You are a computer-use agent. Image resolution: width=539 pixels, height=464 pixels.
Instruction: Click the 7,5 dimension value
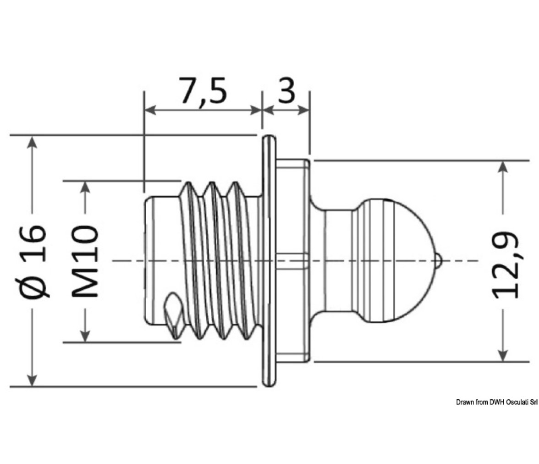click(x=203, y=91)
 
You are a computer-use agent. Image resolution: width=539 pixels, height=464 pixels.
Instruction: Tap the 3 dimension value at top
click(x=286, y=90)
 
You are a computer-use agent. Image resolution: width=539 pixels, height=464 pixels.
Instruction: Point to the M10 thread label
click(x=85, y=261)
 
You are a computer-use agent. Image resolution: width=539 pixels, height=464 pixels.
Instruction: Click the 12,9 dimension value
click(x=504, y=265)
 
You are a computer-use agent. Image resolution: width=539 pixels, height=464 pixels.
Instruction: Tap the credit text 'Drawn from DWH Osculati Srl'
click(x=497, y=402)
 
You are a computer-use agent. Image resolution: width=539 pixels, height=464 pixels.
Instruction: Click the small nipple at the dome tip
click(x=438, y=260)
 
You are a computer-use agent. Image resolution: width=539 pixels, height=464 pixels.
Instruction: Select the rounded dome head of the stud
click(x=395, y=260)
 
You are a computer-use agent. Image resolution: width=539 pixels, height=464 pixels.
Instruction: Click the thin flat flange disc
click(x=269, y=261)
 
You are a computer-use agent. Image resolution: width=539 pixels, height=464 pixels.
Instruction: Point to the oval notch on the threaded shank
click(x=174, y=314)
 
